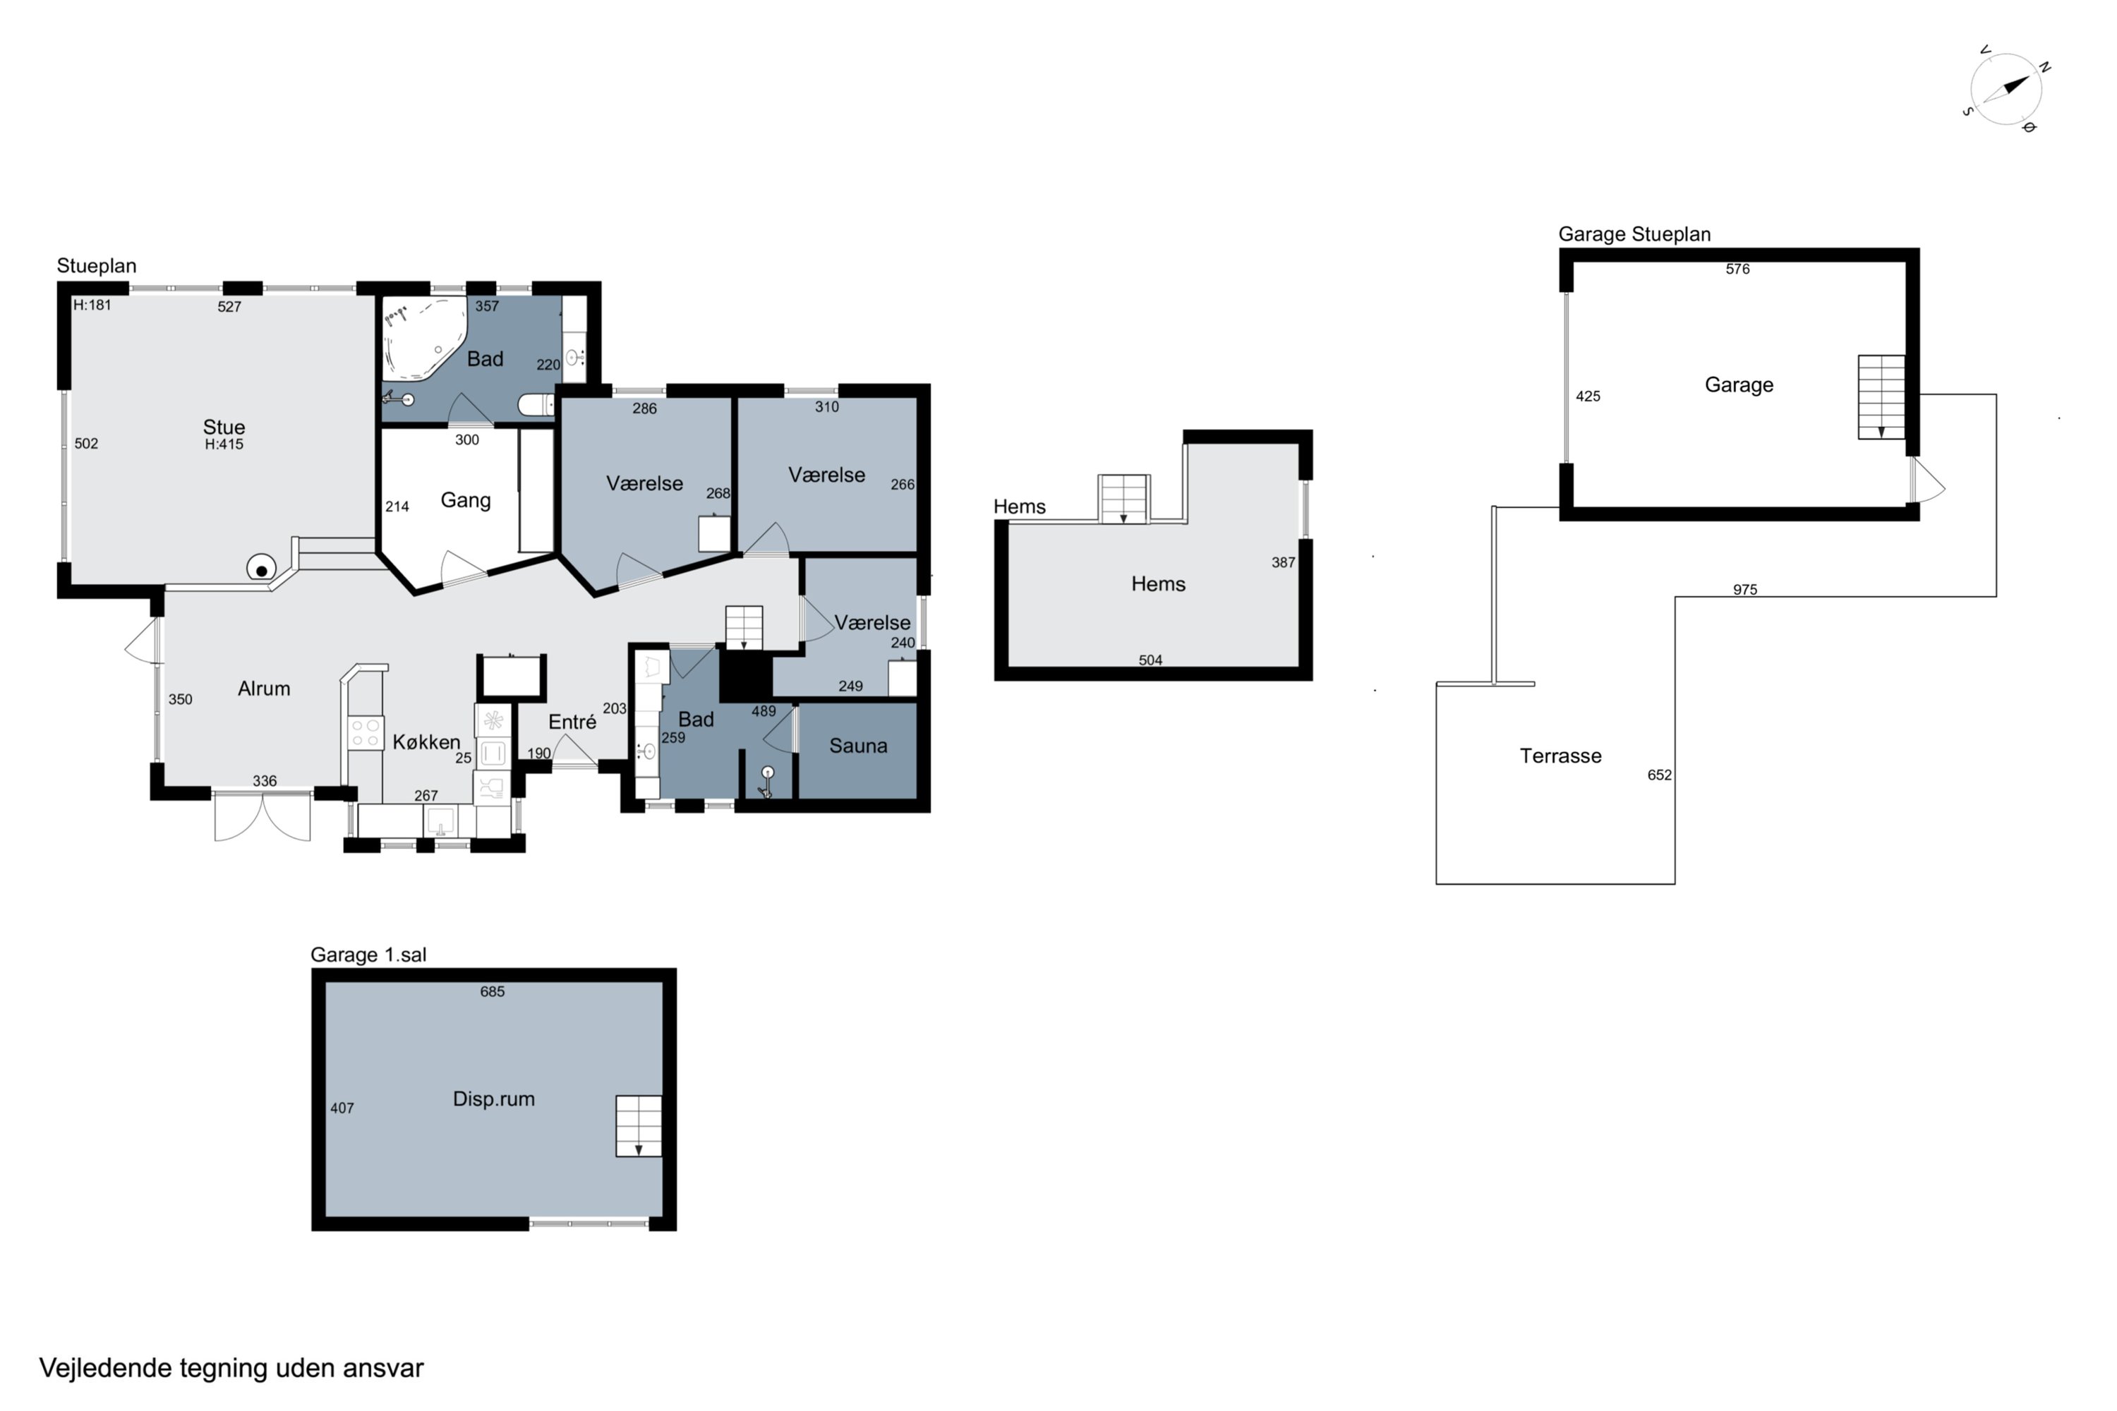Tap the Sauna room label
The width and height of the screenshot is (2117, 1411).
coord(858,746)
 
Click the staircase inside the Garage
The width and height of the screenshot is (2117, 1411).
coord(1881,396)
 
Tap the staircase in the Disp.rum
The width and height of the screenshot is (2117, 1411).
coord(638,1126)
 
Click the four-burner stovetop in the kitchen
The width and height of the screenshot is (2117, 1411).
coord(366,734)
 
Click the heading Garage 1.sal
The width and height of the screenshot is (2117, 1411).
coord(368,955)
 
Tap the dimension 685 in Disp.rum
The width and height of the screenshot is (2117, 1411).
coord(493,992)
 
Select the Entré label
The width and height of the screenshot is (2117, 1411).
coord(572,722)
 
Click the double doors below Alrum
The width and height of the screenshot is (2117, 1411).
coord(263,817)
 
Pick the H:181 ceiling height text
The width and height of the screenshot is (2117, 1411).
coord(92,305)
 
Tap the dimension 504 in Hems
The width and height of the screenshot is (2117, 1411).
coord(1150,660)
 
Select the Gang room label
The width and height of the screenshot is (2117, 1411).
coord(465,500)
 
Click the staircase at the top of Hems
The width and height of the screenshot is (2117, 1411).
coord(1123,499)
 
